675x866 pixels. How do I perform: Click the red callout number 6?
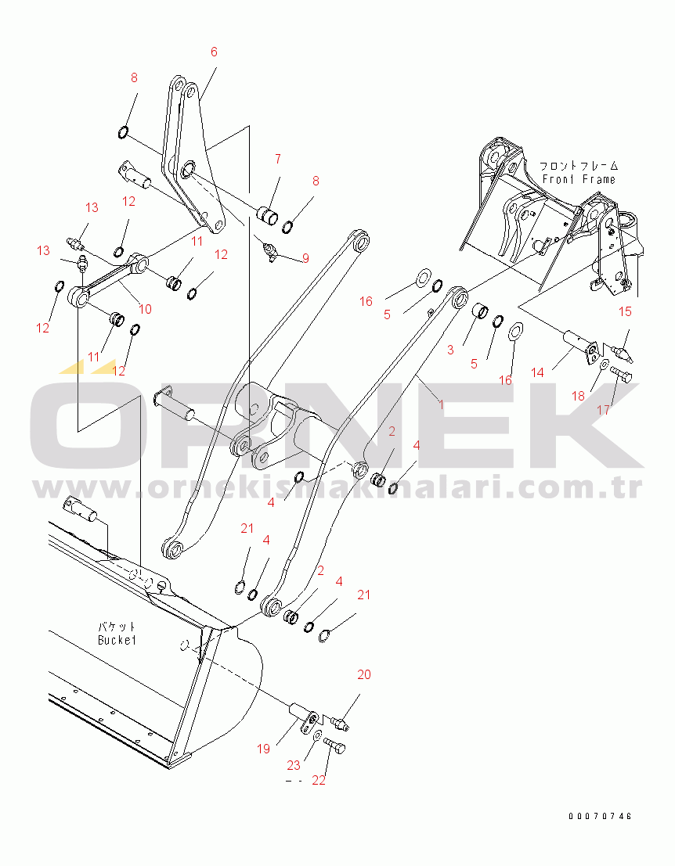click(x=214, y=52)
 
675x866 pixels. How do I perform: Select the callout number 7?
click(x=276, y=159)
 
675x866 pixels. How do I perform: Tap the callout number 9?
click(x=305, y=257)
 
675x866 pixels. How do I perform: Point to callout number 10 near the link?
click(x=145, y=308)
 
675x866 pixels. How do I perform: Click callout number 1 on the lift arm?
click(x=441, y=404)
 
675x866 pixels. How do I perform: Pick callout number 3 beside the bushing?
click(x=450, y=350)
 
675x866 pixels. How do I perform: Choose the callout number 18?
click(x=578, y=396)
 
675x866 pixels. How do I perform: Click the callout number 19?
click(x=263, y=749)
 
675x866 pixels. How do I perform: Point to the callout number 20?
click(x=364, y=674)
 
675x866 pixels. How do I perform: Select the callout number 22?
click(x=319, y=779)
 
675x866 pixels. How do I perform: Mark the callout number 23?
click(x=292, y=765)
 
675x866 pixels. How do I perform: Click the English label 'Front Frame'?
click(x=579, y=179)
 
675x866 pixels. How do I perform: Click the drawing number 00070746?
click(x=600, y=816)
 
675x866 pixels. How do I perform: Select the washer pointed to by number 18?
click(x=604, y=365)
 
